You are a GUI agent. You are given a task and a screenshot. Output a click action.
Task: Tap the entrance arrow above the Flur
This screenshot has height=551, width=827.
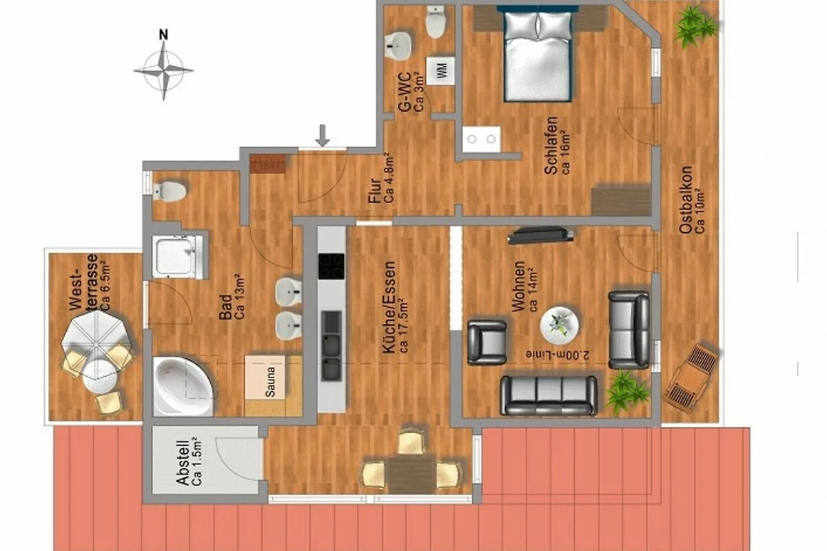[323, 136]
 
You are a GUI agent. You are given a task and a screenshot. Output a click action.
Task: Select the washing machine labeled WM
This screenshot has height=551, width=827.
[440, 70]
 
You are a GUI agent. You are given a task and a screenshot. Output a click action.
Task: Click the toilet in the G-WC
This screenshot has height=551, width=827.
[436, 21]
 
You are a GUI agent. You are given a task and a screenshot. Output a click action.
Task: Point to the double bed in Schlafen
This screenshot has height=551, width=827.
[538, 54]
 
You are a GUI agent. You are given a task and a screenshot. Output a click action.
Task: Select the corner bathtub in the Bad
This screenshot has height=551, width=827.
[183, 386]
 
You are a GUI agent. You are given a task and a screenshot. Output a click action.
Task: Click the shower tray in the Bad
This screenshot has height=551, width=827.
[177, 256]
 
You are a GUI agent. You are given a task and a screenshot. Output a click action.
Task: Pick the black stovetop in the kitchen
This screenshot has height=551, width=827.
[331, 266]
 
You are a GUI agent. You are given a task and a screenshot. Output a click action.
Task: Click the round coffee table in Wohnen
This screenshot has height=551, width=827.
[560, 326]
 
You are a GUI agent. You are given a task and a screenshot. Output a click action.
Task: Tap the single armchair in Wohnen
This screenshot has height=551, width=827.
[487, 342]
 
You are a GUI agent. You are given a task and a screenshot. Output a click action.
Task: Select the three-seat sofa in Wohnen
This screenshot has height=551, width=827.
[549, 395]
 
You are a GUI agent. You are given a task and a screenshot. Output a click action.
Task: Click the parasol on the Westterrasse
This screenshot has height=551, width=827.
[96, 335]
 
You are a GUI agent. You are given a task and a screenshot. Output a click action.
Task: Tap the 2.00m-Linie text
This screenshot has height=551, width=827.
[558, 355]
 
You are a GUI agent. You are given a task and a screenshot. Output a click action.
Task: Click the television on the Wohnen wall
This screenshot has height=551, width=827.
[541, 235]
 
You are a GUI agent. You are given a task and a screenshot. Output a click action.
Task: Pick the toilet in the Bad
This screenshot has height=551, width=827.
[170, 191]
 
